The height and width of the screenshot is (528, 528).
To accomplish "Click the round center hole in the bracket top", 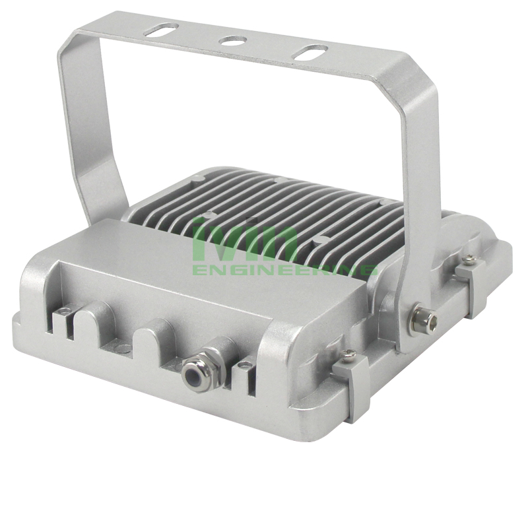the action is tap(232, 41).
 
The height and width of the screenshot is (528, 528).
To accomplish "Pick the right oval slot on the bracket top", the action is tap(311, 53).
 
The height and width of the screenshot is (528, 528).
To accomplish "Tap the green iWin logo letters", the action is tap(245, 240).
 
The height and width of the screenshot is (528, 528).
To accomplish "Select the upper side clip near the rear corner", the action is tap(471, 284).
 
